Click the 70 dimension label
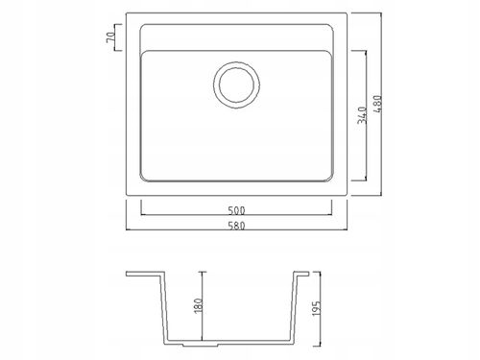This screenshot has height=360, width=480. [110, 37]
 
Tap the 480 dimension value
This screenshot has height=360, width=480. [378, 104]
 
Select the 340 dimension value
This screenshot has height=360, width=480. [362, 115]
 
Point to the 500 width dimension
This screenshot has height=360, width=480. [236, 210]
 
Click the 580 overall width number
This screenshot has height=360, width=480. [236, 226]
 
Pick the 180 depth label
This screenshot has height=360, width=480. [199, 305]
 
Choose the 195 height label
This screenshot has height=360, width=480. [316, 308]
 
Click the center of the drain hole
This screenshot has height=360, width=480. [236, 84]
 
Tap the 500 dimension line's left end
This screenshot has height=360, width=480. [141, 214]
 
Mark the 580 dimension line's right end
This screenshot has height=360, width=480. [347, 229]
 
